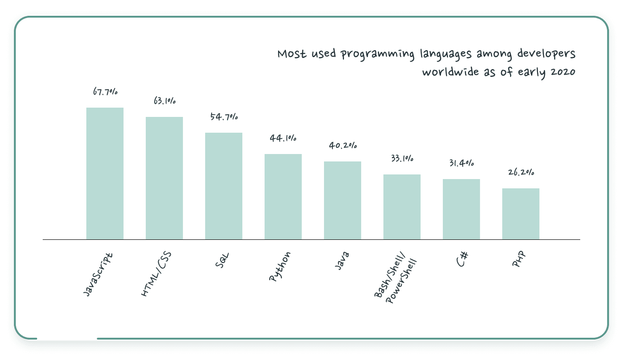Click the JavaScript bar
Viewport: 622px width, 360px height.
coord(105,174)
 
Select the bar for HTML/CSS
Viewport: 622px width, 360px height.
coord(164,178)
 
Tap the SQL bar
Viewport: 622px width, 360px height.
coord(224,186)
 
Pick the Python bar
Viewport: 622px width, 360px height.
coord(283,197)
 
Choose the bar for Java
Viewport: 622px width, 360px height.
coord(343,200)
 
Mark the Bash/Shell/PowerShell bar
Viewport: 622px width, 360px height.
coord(402,207)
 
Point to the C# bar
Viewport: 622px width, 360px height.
coord(461,209)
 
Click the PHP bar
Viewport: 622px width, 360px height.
coord(521,214)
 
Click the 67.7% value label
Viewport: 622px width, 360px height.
coord(105,92)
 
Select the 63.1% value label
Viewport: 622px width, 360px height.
coord(164,101)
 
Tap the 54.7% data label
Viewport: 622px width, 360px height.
coord(224,117)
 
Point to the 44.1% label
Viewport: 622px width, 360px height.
coord(283,138)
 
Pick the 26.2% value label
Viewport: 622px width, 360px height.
coord(521,173)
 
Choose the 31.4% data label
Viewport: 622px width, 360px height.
coord(461,163)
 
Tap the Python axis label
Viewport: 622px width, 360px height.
coord(280,266)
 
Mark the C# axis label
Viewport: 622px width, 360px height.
coord(461,259)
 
